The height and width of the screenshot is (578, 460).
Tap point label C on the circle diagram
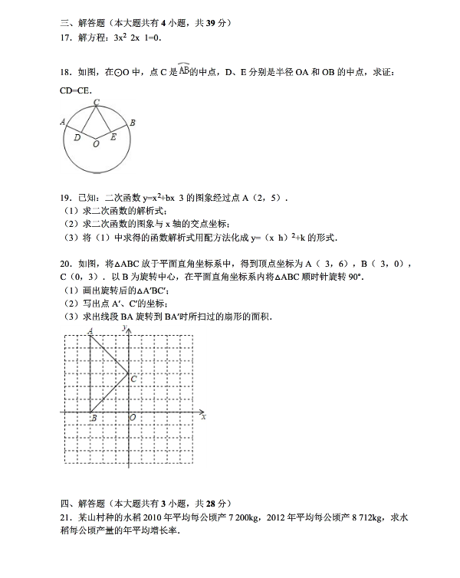click(x=96, y=102)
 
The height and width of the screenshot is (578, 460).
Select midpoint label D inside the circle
click(x=77, y=138)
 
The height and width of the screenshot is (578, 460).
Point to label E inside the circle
click(x=113, y=138)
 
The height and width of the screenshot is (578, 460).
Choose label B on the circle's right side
click(x=133, y=123)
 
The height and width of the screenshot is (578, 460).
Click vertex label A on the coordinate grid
click(x=90, y=331)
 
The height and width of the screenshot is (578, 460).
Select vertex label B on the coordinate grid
click(x=93, y=419)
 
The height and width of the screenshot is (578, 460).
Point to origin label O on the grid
click(x=133, y=419)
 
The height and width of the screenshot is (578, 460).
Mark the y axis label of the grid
click(x=123, y=328)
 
